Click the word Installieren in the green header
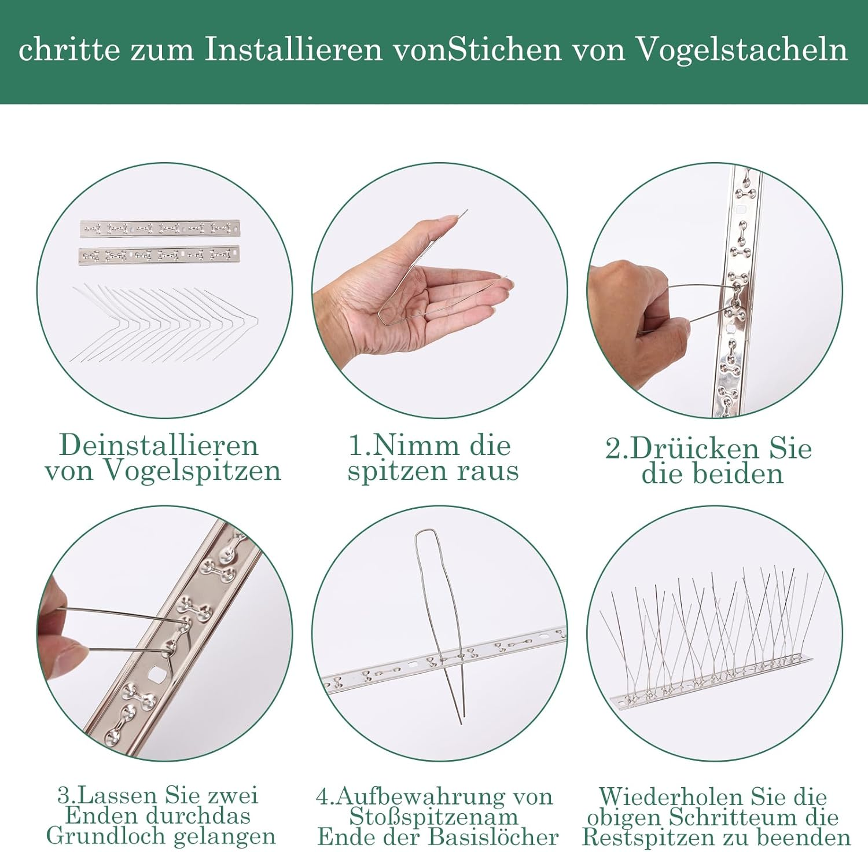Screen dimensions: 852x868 click(x=293, y=49)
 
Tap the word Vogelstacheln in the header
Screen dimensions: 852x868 click(x=742, y=49)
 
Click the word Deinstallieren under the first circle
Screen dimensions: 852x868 click(x=159, y=445)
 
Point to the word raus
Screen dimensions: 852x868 click(x=487, y=471)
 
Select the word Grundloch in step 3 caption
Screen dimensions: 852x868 click(x=106, y=836)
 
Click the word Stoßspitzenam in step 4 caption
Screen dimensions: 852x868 click(x=434, y=817)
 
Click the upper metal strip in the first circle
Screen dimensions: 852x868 click(x=160, y=229)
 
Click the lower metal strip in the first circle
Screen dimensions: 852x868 click(x=160, y=254)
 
